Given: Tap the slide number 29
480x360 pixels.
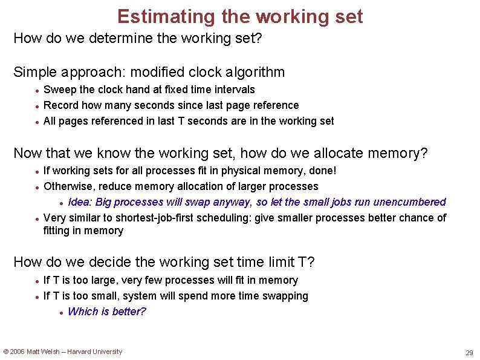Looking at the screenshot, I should tap(469, 353).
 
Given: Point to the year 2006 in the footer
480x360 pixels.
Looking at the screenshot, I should tap(18, 352).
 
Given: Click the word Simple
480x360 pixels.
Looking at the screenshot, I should tap(34, 73).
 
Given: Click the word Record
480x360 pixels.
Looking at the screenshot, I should tap(60, 105).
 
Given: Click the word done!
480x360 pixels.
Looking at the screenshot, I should tap(322, 171).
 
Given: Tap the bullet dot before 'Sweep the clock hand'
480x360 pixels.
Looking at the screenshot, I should tap(37, 90).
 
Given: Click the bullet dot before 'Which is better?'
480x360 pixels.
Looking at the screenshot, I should tap(62, 313).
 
